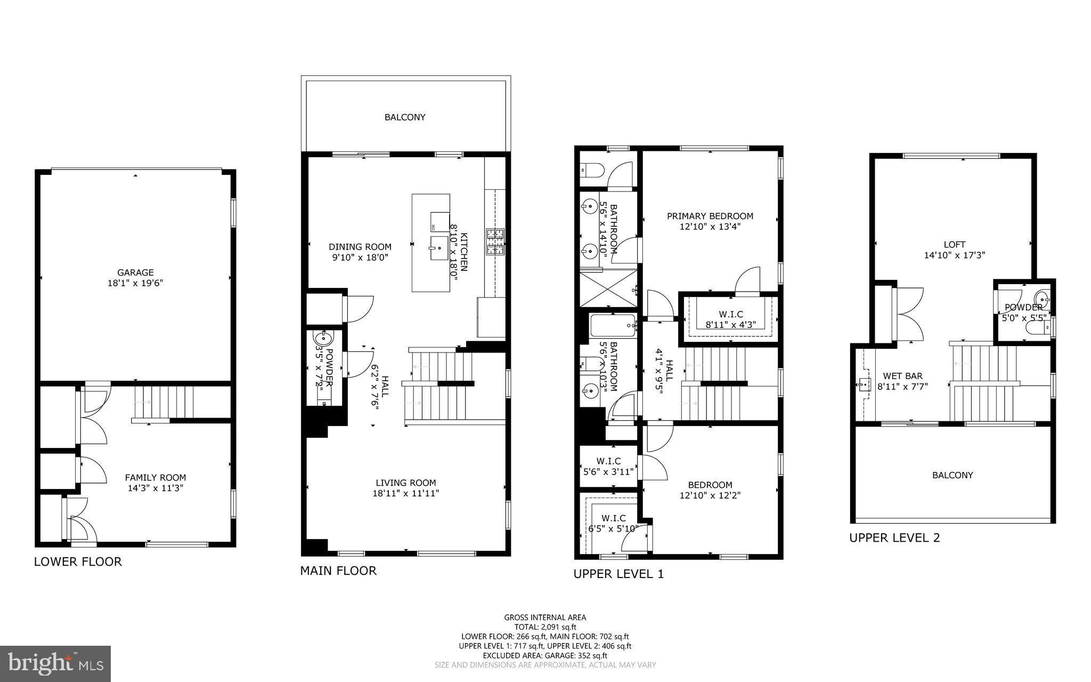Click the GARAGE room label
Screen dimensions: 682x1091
tap(135, 272)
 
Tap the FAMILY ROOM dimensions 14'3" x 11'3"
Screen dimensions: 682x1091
tap(155, 487)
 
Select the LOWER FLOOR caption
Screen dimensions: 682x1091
tap(78, 561)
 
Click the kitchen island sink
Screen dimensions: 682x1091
tap(439, 248)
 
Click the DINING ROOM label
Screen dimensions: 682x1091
tap(360, 247)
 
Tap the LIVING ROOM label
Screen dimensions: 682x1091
tap(405, 483)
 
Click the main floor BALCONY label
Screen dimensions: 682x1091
tap(405, 117)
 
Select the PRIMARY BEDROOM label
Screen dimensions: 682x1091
tap(710, 216)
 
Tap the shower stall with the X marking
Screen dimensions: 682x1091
tap(608, 288)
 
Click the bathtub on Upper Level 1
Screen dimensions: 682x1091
tap(613, 325)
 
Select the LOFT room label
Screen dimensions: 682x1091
tap(954, 245)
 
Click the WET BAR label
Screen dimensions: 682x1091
tap(902, 376)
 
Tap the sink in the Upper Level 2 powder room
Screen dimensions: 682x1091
tap(1041, 298)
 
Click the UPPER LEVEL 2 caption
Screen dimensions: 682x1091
tap(894, 537)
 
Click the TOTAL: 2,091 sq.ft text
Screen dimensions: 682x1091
tap(545, 627)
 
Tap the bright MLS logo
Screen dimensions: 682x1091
tap(55, 663)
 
